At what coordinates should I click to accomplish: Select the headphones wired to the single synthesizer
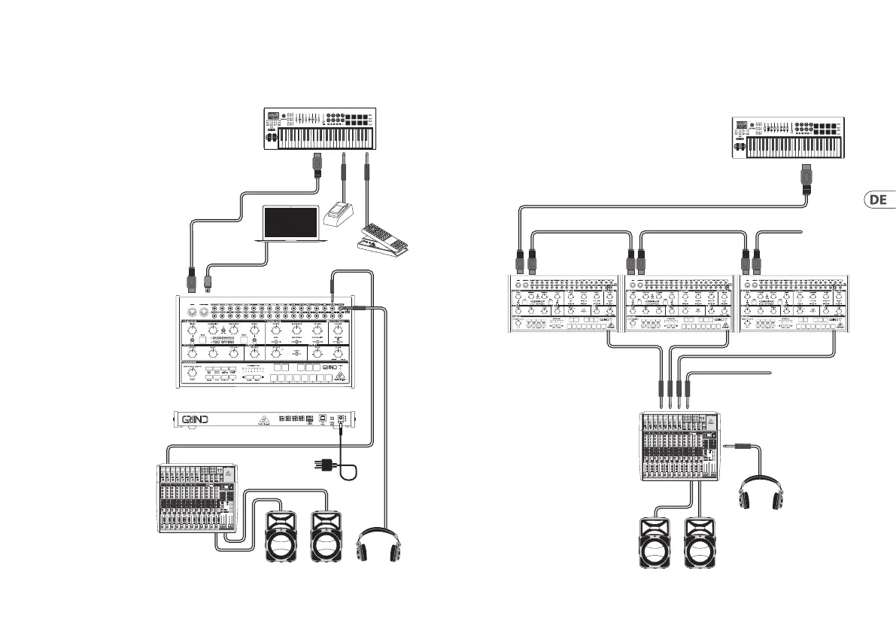point(379,541)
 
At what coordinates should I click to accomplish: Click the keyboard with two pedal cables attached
point(321,130)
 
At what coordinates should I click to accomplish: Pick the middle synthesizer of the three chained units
point(679,304)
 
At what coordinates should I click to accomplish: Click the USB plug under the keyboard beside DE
point(806,178)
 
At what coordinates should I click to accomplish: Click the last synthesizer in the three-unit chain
point(795,304)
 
